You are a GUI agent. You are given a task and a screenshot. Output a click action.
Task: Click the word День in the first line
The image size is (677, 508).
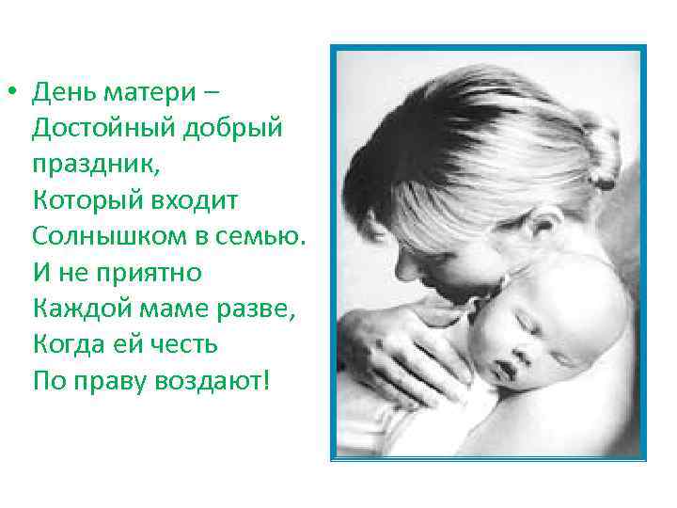pos(62,93)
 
